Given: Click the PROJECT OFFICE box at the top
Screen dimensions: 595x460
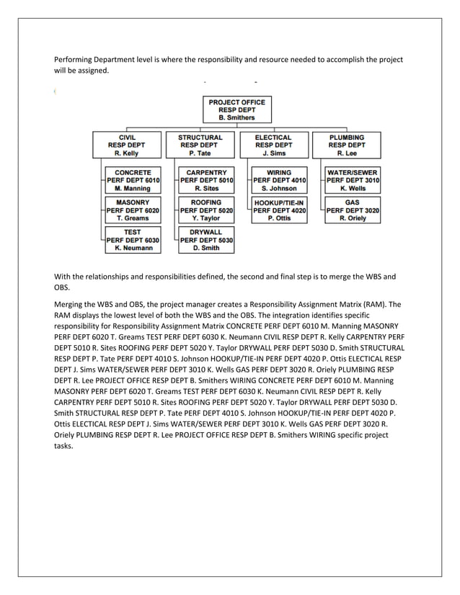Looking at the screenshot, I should (x=236, y=109).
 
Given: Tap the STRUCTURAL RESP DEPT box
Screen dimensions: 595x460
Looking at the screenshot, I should (x=200, y=145).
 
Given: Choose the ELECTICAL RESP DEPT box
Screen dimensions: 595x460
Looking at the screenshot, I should (x=273, y=145).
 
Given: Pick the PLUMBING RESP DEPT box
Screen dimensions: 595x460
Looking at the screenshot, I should (x=346, y=145).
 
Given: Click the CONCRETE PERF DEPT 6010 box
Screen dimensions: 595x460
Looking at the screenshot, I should (x=133, y=180).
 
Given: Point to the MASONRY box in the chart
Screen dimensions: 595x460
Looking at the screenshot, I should (x=133, y=210).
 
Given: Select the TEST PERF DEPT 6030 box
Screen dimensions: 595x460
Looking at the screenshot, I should (x=133, y=240).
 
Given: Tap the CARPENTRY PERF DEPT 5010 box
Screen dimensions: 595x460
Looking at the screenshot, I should (x=206, y=180).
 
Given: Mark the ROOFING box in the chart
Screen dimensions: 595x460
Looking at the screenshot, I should (x=206, y=210).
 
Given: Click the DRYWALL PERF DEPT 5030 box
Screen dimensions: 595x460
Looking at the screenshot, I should (x=206, y=240).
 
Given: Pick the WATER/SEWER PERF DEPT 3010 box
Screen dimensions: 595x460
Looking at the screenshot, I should (x=353, y=180).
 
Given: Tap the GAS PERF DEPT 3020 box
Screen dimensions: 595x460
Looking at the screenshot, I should (x=353, y=210).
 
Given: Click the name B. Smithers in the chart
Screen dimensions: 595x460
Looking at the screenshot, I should (x=236, y=117).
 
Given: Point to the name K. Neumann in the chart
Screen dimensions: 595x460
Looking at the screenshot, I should (x=133, y=248).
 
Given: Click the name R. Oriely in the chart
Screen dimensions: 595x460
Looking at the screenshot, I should (x=353, y=218).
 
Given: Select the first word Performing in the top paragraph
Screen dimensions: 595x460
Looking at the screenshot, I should (x=74, y=59).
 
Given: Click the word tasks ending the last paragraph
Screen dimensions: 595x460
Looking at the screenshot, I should (x=63, y=446).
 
